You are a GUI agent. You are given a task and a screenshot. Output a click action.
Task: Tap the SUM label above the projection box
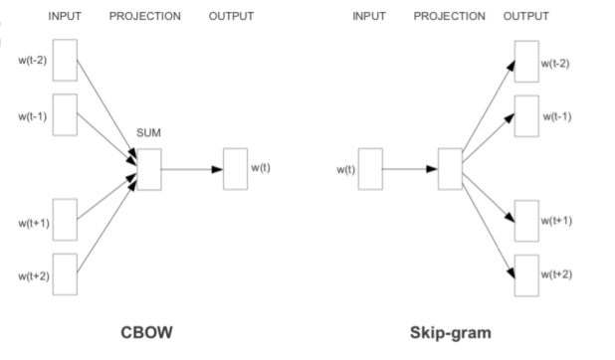click(x=149, y=132)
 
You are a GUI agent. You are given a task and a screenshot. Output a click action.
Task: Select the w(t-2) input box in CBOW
click(x=65, y=61)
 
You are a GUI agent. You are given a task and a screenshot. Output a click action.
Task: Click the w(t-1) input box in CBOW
click(x=65, y=114)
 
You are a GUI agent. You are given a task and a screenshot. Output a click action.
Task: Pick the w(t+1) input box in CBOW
click(x=65, y=220)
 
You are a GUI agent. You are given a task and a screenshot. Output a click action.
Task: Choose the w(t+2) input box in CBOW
click(x=65, y=273)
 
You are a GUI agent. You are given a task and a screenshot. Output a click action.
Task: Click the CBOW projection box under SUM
click(x=149, y=168)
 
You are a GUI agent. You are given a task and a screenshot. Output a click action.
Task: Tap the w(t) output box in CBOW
click(x=235, y=168)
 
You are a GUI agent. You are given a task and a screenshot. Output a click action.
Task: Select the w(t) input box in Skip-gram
click(x=370, y=168)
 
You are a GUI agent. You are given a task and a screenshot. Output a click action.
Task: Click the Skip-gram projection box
click(x=450, y=168)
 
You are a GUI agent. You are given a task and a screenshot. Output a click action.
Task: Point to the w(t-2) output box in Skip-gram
click(x=526, y=61)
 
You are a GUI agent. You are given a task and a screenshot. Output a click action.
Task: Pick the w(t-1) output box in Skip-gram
click(x=526, y=116)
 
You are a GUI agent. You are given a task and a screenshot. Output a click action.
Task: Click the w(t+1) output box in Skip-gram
click(x=526, y=220)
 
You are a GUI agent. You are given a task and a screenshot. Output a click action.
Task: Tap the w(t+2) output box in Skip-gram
click(x=526, y=274)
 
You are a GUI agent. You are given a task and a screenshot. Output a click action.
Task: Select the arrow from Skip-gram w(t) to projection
click(x=410, y=168)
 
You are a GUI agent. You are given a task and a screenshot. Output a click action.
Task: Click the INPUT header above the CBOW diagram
click(x=65, y=17)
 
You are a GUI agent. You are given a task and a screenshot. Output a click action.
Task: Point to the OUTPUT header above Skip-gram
click(x=525, y=17)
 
